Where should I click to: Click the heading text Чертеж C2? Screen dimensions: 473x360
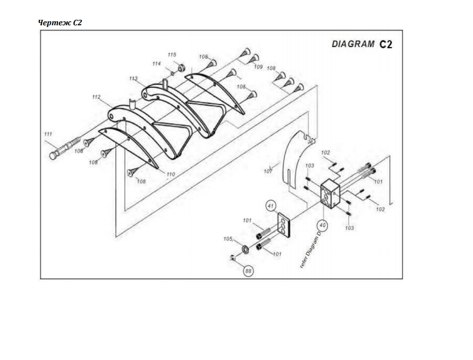pyautogui.click(x=60, y=23)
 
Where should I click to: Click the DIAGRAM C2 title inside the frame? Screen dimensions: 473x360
pyautogui.click(x=362, y=44)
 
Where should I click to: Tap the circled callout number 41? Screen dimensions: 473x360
pyautogui.click(x=270, y=206)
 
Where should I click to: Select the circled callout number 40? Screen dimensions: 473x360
pyautogui.click(x=322, y=225)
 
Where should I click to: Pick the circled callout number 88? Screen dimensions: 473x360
pyautogui.click(x=248, y=271)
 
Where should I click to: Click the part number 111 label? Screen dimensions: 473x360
pyautogui.click(x=48, y=134)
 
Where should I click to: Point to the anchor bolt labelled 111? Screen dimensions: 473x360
pyautogui.click(x=65, y=148)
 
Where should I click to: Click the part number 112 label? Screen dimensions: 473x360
pyautogui.click(x=96, y=97)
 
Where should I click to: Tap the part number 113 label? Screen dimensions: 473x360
pyautogui.click(x=133, y=78)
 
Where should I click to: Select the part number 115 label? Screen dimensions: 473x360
pyautogui.click(x=172, y=55)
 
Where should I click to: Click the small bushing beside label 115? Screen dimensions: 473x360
pyautogui.click(x=181, y=67)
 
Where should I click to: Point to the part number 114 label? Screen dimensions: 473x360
pyautogui.click(x=156, y=64)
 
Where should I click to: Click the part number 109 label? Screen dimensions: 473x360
pyautogui.click(x=258, y=67)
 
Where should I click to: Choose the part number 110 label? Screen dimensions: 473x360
pyautogui.click(x=170, y=174)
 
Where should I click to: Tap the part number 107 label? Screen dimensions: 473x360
pyautogui.click(x=268, y=171)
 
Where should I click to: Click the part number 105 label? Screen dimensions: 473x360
pyautogui.click(x=228, y=239)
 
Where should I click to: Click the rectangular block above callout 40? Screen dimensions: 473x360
pyautogui.click(x=330, y=194)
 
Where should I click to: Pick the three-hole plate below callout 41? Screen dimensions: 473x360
pyautogui.click(x=283, y=225)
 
